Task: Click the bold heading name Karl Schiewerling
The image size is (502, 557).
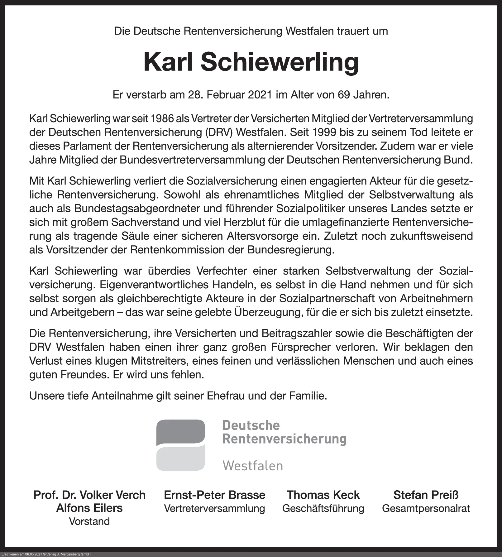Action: (251, 62)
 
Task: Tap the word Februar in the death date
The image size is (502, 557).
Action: (226, 94)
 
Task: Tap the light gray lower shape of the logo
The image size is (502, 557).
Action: (181, 459)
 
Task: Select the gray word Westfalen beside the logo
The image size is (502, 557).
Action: (253, 466)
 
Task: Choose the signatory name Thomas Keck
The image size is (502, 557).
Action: (323, 495)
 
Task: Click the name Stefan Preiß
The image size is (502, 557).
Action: (426, 495)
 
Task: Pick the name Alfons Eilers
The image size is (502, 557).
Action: (89, 508)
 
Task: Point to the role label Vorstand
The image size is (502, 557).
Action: (89, 521)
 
